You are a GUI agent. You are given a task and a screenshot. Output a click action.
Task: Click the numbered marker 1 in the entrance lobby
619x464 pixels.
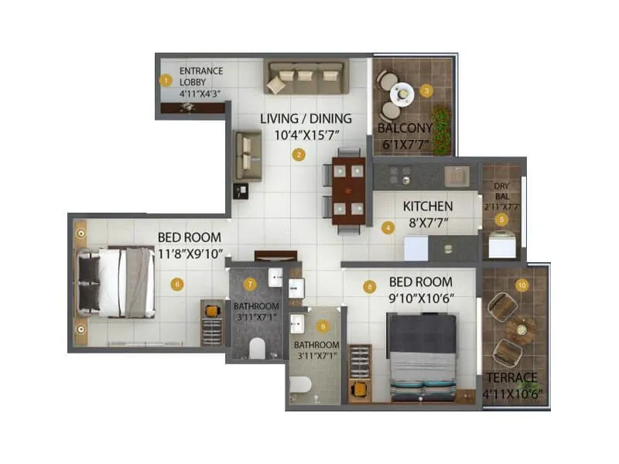click(x=165, y=80)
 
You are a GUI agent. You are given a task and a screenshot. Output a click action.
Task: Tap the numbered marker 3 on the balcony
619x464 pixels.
click(x=426, y=91)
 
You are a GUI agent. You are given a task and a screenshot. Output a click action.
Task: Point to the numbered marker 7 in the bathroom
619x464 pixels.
click(x=249, y=284)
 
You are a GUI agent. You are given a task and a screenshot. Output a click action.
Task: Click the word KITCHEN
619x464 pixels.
click(x=427, y=206)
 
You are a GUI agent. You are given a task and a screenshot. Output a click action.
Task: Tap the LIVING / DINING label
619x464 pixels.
click(x=306, y=119)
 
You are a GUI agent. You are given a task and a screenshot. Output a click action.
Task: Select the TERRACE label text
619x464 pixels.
click(x=511, y=378)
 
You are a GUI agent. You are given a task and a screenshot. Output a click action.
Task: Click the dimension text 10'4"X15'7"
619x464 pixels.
click(x=306, y=135)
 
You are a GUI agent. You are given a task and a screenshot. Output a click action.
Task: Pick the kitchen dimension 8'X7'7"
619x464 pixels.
click(x=427, y=223)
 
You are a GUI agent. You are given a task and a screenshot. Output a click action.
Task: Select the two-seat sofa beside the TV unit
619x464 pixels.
click(x=248, y=155)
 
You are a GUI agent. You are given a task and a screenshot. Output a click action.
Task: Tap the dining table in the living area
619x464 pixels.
click(x=347, y=189)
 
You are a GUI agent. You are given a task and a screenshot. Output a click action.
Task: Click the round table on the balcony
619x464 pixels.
click(x=402, y=94)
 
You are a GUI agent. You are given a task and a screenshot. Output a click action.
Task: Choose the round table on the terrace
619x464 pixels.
click(x=521, y=329)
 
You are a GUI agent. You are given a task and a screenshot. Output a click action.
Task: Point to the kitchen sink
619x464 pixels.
click(x=457, y=176)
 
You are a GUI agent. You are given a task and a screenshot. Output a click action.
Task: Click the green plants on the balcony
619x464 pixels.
click(x=441, y=129)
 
